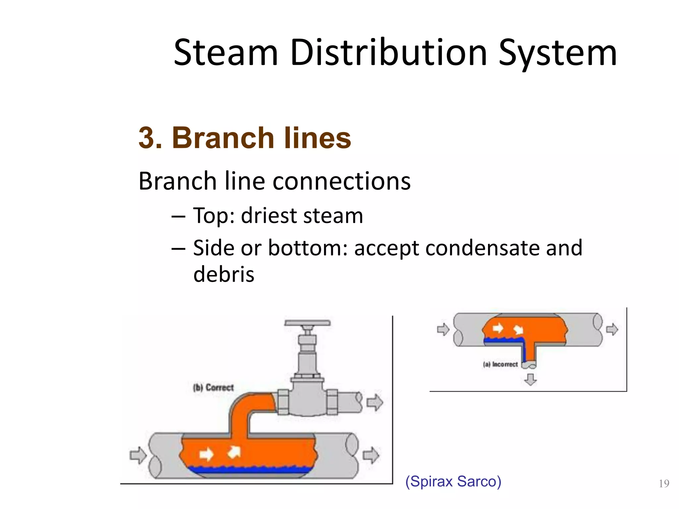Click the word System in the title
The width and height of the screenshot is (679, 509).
pyautogui.click(x=558, y=53)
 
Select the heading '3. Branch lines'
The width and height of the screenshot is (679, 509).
pyautogui.click(x=245, y=138)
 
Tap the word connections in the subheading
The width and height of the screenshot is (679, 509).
pyautogui.click(x=341, y=181)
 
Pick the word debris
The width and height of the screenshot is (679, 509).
pyautogui.click(x=224, y=274)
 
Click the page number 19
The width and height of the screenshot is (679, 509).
pyautogui.click(x=664, y=484)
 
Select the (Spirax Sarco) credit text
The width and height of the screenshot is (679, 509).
pyautogui.click(x=453, y=481)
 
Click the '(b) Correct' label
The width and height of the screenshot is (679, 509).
pyautogui.click(x=213, y=387)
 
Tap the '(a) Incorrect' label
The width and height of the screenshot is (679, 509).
pyautogui.click(x=500, y=364)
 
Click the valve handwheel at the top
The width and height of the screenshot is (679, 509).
pyautogui.click(x=307, y=323)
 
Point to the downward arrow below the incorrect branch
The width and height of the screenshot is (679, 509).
pyautogui.click(x=530, y=379)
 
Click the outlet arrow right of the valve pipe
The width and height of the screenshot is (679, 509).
pyautogui.click(x=375, y=403)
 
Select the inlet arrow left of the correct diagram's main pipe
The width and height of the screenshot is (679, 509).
pyautogui.click(x=138, y=455)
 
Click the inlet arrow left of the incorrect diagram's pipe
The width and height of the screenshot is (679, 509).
pyautogui.click(x=443, y=329)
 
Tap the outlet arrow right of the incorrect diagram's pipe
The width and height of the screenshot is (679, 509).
pyautogui.click(x=612, y=329)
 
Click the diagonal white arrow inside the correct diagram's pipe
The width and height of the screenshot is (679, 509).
pyautogui.click(x=234, y=452)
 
